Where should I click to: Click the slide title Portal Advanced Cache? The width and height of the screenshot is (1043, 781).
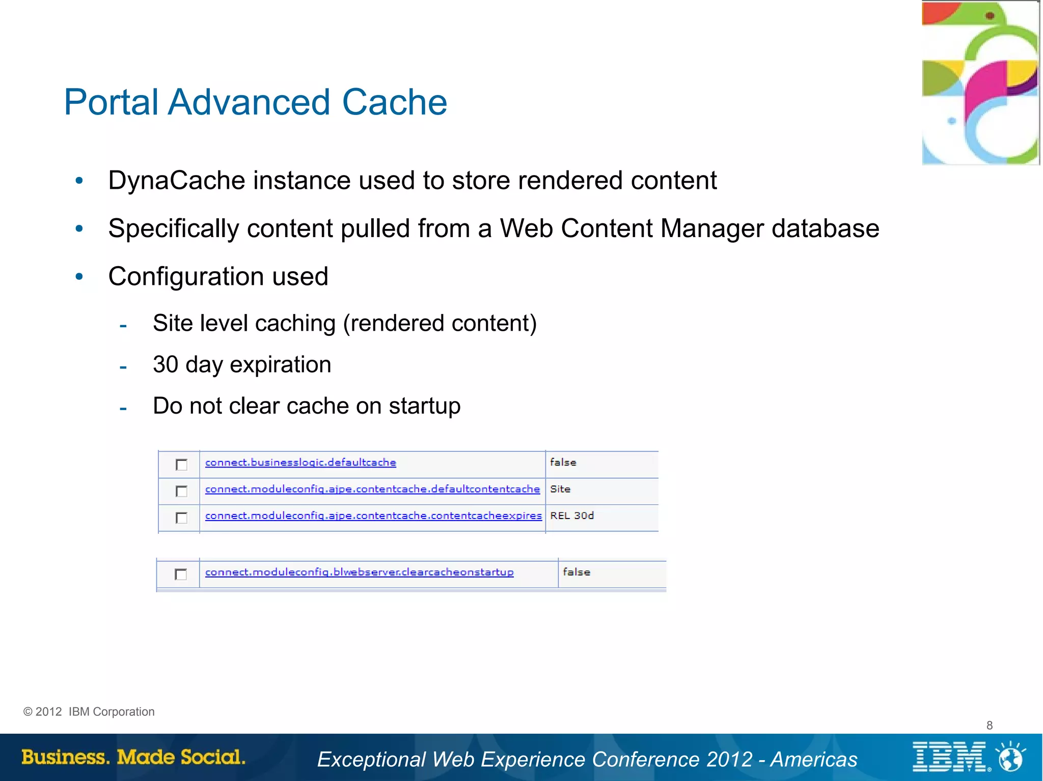(255, 102)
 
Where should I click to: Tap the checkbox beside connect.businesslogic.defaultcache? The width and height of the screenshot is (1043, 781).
(181, 465)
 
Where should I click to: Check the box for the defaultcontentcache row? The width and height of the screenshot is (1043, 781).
(181, 491)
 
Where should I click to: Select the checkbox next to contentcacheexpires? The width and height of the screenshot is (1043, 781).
(181, 518)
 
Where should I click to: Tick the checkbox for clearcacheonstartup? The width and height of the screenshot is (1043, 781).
(181, 574)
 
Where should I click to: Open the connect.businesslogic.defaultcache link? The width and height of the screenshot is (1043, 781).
(300, 462)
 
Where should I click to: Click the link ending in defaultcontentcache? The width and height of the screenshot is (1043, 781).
(372, 489)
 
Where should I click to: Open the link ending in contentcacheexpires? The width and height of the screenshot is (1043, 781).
(373, 515)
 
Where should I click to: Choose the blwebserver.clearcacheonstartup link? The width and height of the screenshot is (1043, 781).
(359, 572)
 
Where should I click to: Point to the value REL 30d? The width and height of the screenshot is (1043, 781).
(572, 515)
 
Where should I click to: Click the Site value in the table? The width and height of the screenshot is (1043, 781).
(560, 489)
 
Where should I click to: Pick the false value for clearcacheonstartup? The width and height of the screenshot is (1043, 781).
(577, 572)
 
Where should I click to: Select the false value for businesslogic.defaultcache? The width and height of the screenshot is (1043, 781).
(563, 462)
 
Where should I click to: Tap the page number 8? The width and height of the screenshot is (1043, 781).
(990, 725)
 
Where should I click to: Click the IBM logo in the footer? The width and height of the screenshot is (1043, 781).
(950, 757)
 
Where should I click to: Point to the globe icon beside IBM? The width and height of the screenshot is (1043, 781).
(1010, 758)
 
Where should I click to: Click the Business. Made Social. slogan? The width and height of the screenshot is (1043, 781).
(133, 757)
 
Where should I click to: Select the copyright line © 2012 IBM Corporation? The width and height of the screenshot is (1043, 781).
(89, 712)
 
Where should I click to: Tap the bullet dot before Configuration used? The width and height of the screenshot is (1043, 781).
(79, 277)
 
